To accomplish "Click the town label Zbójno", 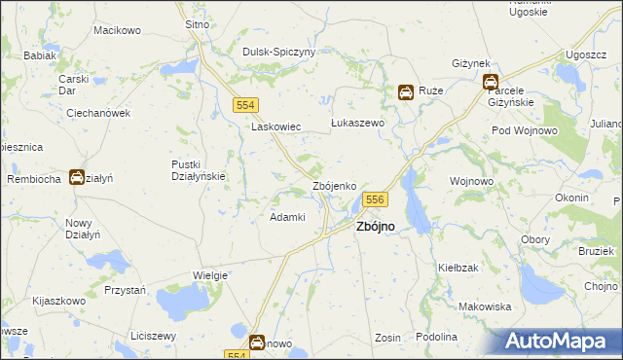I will point(376,226).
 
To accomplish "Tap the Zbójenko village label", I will point(340,186).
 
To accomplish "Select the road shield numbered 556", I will point(377,199).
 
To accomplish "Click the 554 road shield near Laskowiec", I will point(245,104).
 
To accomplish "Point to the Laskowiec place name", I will point(276,127).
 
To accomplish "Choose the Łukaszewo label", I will point(358,124).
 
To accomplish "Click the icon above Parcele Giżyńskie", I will point(491,83).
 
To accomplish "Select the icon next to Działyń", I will point(76,177).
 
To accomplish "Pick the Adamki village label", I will point(288,217).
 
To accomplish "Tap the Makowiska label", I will point(485,306).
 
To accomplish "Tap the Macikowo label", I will point(117,31).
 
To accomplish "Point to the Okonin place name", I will point(571,198).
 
